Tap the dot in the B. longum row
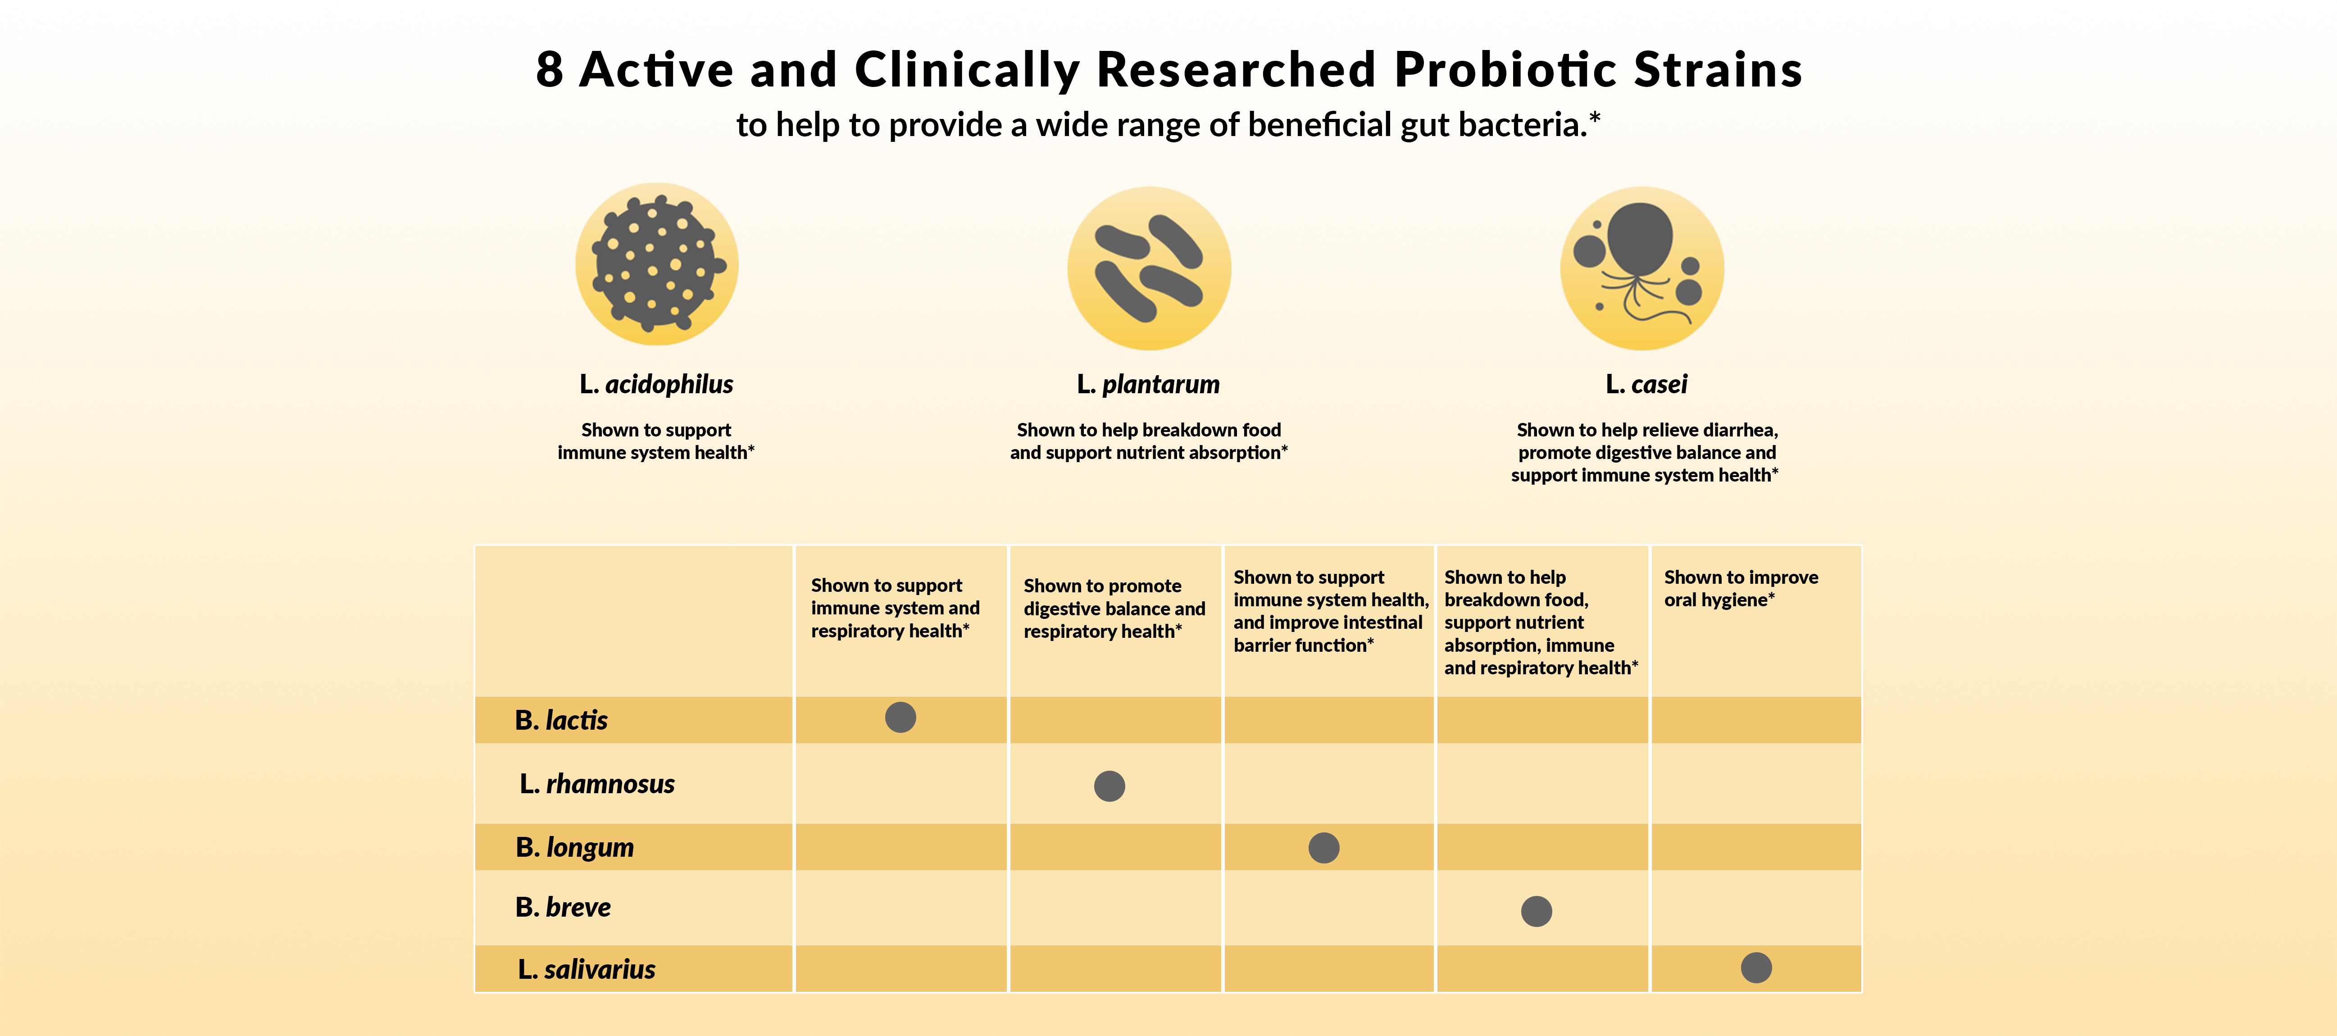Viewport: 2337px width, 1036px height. coord(1323,847)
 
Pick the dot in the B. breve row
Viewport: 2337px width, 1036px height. coord(1536,911)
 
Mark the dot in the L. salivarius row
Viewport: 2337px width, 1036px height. coord(1756,968)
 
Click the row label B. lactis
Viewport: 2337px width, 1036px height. coord(561,720)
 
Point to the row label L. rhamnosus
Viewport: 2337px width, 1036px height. coord(597,784)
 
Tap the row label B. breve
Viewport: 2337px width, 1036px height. coord(563,907)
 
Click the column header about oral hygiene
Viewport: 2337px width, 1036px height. coord(1741,588)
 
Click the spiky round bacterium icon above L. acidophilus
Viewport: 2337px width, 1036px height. coord(657,264)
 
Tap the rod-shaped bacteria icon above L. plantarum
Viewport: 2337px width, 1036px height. coord(1149,268)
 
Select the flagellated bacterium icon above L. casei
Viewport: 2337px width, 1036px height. coord(1642,268)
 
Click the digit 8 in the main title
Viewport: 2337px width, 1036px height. coord(550,70)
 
